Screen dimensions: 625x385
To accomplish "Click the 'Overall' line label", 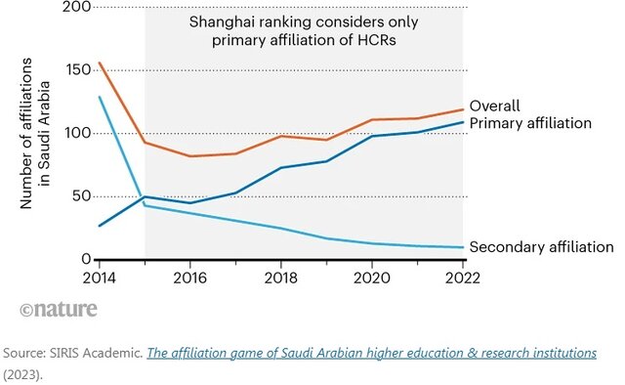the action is (x=495, y=106).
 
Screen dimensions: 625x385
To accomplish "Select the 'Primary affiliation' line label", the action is (x=530, y=123).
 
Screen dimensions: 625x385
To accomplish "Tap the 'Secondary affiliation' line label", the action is (x=542, y=247).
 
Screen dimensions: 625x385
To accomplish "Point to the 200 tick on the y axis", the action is (x=76, y=7).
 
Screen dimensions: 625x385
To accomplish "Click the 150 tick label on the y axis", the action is (x=78, y=69).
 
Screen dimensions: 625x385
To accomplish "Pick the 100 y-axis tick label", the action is (x=78, y=133).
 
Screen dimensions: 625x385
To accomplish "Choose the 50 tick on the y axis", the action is (x=81, y=195).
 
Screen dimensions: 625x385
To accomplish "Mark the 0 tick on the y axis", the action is (x=86, y=259).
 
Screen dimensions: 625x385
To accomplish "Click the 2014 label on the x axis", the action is (x=99, y=278).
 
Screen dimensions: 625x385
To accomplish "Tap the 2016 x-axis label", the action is (x=189, y=278).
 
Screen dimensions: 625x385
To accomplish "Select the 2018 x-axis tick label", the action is (x=280, y=278).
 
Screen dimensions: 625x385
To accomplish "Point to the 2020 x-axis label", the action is (x=371, y=278).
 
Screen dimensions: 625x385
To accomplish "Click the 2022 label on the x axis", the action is (x=462, y=278).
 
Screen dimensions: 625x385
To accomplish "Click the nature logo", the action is (x=59, y=309).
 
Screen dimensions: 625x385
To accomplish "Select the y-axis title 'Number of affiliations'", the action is (x=26, y=133).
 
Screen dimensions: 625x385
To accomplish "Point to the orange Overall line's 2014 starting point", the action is (x=99, y=63).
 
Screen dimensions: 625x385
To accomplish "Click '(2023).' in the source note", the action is (x=22, y=375).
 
